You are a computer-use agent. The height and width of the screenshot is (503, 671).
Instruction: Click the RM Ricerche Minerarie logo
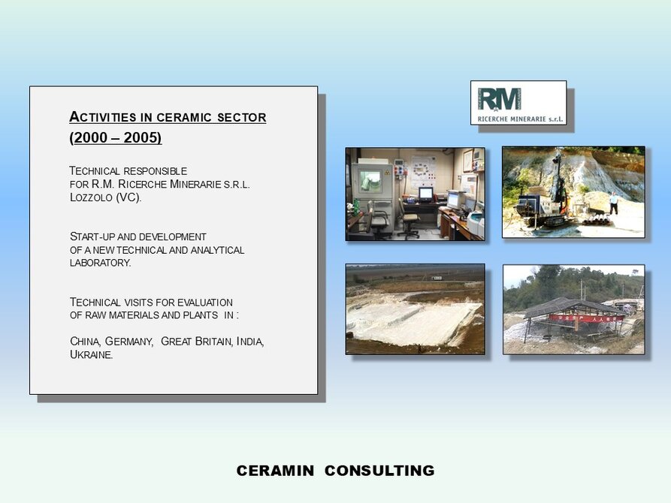click(518, 103)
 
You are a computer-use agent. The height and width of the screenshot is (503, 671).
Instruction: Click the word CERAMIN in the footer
click(275, 471)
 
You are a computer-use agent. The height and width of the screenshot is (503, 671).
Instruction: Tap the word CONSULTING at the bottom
click(379, 471)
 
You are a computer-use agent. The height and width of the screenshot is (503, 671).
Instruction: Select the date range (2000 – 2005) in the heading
click(116, 137)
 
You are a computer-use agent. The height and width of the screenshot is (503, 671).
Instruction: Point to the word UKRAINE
click(92, 354)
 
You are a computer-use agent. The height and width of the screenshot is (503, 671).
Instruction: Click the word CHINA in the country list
click(85, 342)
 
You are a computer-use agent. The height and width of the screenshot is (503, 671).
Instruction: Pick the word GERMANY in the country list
click(129, 342)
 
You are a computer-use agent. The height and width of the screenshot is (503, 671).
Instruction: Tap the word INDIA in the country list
click(250, 342)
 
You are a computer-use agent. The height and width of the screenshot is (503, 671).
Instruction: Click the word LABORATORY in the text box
click(101, 263)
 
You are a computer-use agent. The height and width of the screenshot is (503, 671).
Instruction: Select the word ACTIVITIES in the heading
click(103, 117)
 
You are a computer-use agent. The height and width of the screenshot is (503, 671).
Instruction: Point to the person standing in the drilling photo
click(614, 203)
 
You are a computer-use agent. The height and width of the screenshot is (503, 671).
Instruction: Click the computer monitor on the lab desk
click(425, 194)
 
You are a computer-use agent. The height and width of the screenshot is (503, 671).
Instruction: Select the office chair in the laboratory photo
click(409, 221)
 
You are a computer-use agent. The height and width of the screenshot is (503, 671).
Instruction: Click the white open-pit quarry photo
click(415, 309)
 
